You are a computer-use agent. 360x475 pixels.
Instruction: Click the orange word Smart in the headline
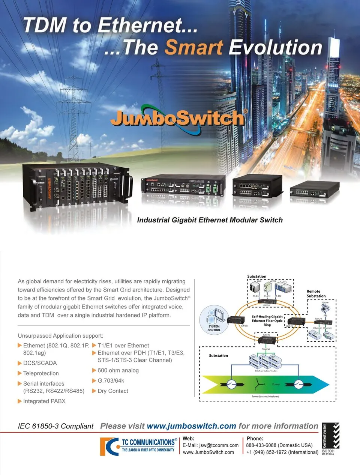[194, 48]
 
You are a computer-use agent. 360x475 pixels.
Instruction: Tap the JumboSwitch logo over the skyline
[178, 118]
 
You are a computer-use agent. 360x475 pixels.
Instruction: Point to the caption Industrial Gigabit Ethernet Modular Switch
[210, 220]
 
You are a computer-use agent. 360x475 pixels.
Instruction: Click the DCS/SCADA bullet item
[40, 363]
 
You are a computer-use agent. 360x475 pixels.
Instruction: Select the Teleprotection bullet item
[41, 373]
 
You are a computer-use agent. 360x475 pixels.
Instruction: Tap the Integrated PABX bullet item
[44, 401]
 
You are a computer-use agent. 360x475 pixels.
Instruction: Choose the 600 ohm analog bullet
[118, 370]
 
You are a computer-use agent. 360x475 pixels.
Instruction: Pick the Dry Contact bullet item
[112, 391]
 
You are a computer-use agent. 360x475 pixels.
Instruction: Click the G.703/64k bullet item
[111, 380]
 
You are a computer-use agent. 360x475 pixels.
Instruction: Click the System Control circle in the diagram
[214, 319]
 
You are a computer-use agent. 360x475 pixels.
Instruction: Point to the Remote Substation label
[316, 293]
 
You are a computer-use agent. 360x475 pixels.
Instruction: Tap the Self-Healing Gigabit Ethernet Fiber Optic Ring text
[267, 320]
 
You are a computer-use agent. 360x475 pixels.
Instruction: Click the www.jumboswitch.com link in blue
[191, 426]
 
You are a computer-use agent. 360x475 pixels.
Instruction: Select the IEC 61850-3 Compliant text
[55, 426]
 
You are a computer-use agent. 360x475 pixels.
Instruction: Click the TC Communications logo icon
[109, 446]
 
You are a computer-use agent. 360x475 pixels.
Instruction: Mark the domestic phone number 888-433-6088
[261, 445]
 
